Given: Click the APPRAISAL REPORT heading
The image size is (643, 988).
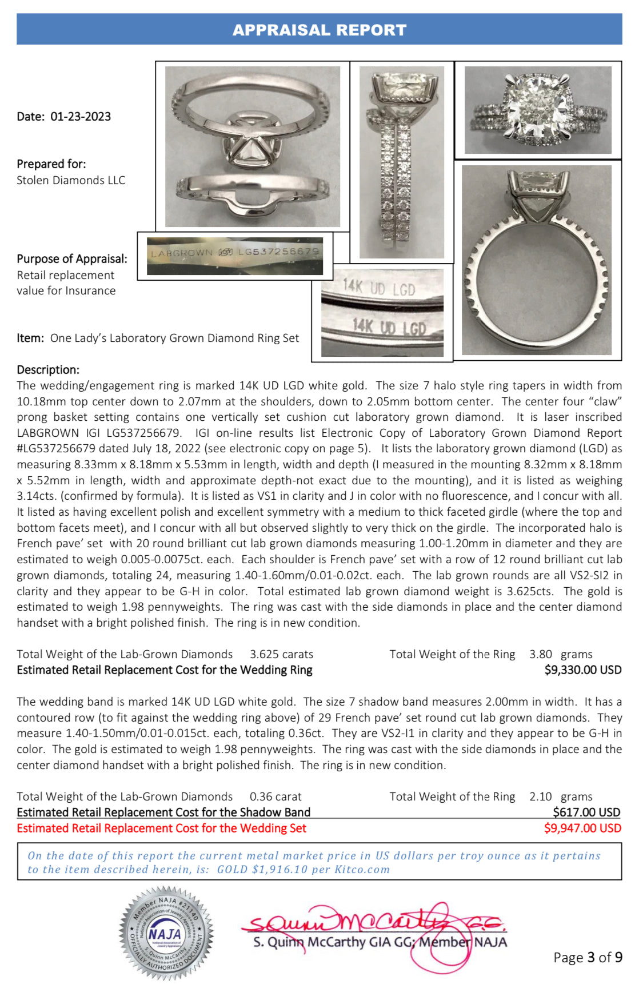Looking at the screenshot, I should pyautogui.click(x=319, y=30).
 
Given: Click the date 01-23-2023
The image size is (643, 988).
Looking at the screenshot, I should pyautogui.click(x=81, y=117).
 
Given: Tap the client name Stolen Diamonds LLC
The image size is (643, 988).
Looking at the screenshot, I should pyautogui.click(x=71, y=180).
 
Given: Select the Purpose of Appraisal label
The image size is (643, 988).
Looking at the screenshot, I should pyautogui.click(x=72, y=258).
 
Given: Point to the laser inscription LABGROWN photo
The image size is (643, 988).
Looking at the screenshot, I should pyautogui.click(x=235, y=256).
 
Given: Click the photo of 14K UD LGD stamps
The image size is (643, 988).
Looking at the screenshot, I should pyautogui.click(x=382, y=312).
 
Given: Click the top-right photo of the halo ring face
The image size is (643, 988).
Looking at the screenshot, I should pyautogui.click(x=538, y=110).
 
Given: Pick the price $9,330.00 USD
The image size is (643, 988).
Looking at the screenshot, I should pyautogui.click(x=582, y=670).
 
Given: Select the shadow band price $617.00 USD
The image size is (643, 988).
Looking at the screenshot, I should pyautogui.click(x=586, y=812).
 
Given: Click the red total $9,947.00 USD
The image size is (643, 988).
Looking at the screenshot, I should pyautogui.click(x=582, y=828).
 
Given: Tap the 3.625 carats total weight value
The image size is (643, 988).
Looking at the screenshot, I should pyautogui.click(x=281, y=654).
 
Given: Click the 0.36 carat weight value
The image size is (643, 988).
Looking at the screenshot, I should pyautogui.click(x=275, y=796).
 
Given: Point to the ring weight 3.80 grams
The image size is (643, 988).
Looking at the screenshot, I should pyautogui.click(x=560, y=654).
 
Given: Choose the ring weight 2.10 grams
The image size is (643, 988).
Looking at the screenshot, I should pyautogui.click(x=560, y=796).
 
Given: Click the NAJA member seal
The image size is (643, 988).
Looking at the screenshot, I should pyautogui.click(x=166, y=933).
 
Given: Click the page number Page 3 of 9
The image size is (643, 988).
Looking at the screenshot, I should pyautogui.click(x=588, y=957).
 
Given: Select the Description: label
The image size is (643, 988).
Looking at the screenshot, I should pyautogui.click(x=48, y=369).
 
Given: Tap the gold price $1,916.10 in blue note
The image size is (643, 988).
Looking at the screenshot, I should pyautogui.click(x=279, y=870).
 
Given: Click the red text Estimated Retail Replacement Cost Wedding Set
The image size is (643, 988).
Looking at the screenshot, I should pyautogui.click(x=161, y=828).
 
